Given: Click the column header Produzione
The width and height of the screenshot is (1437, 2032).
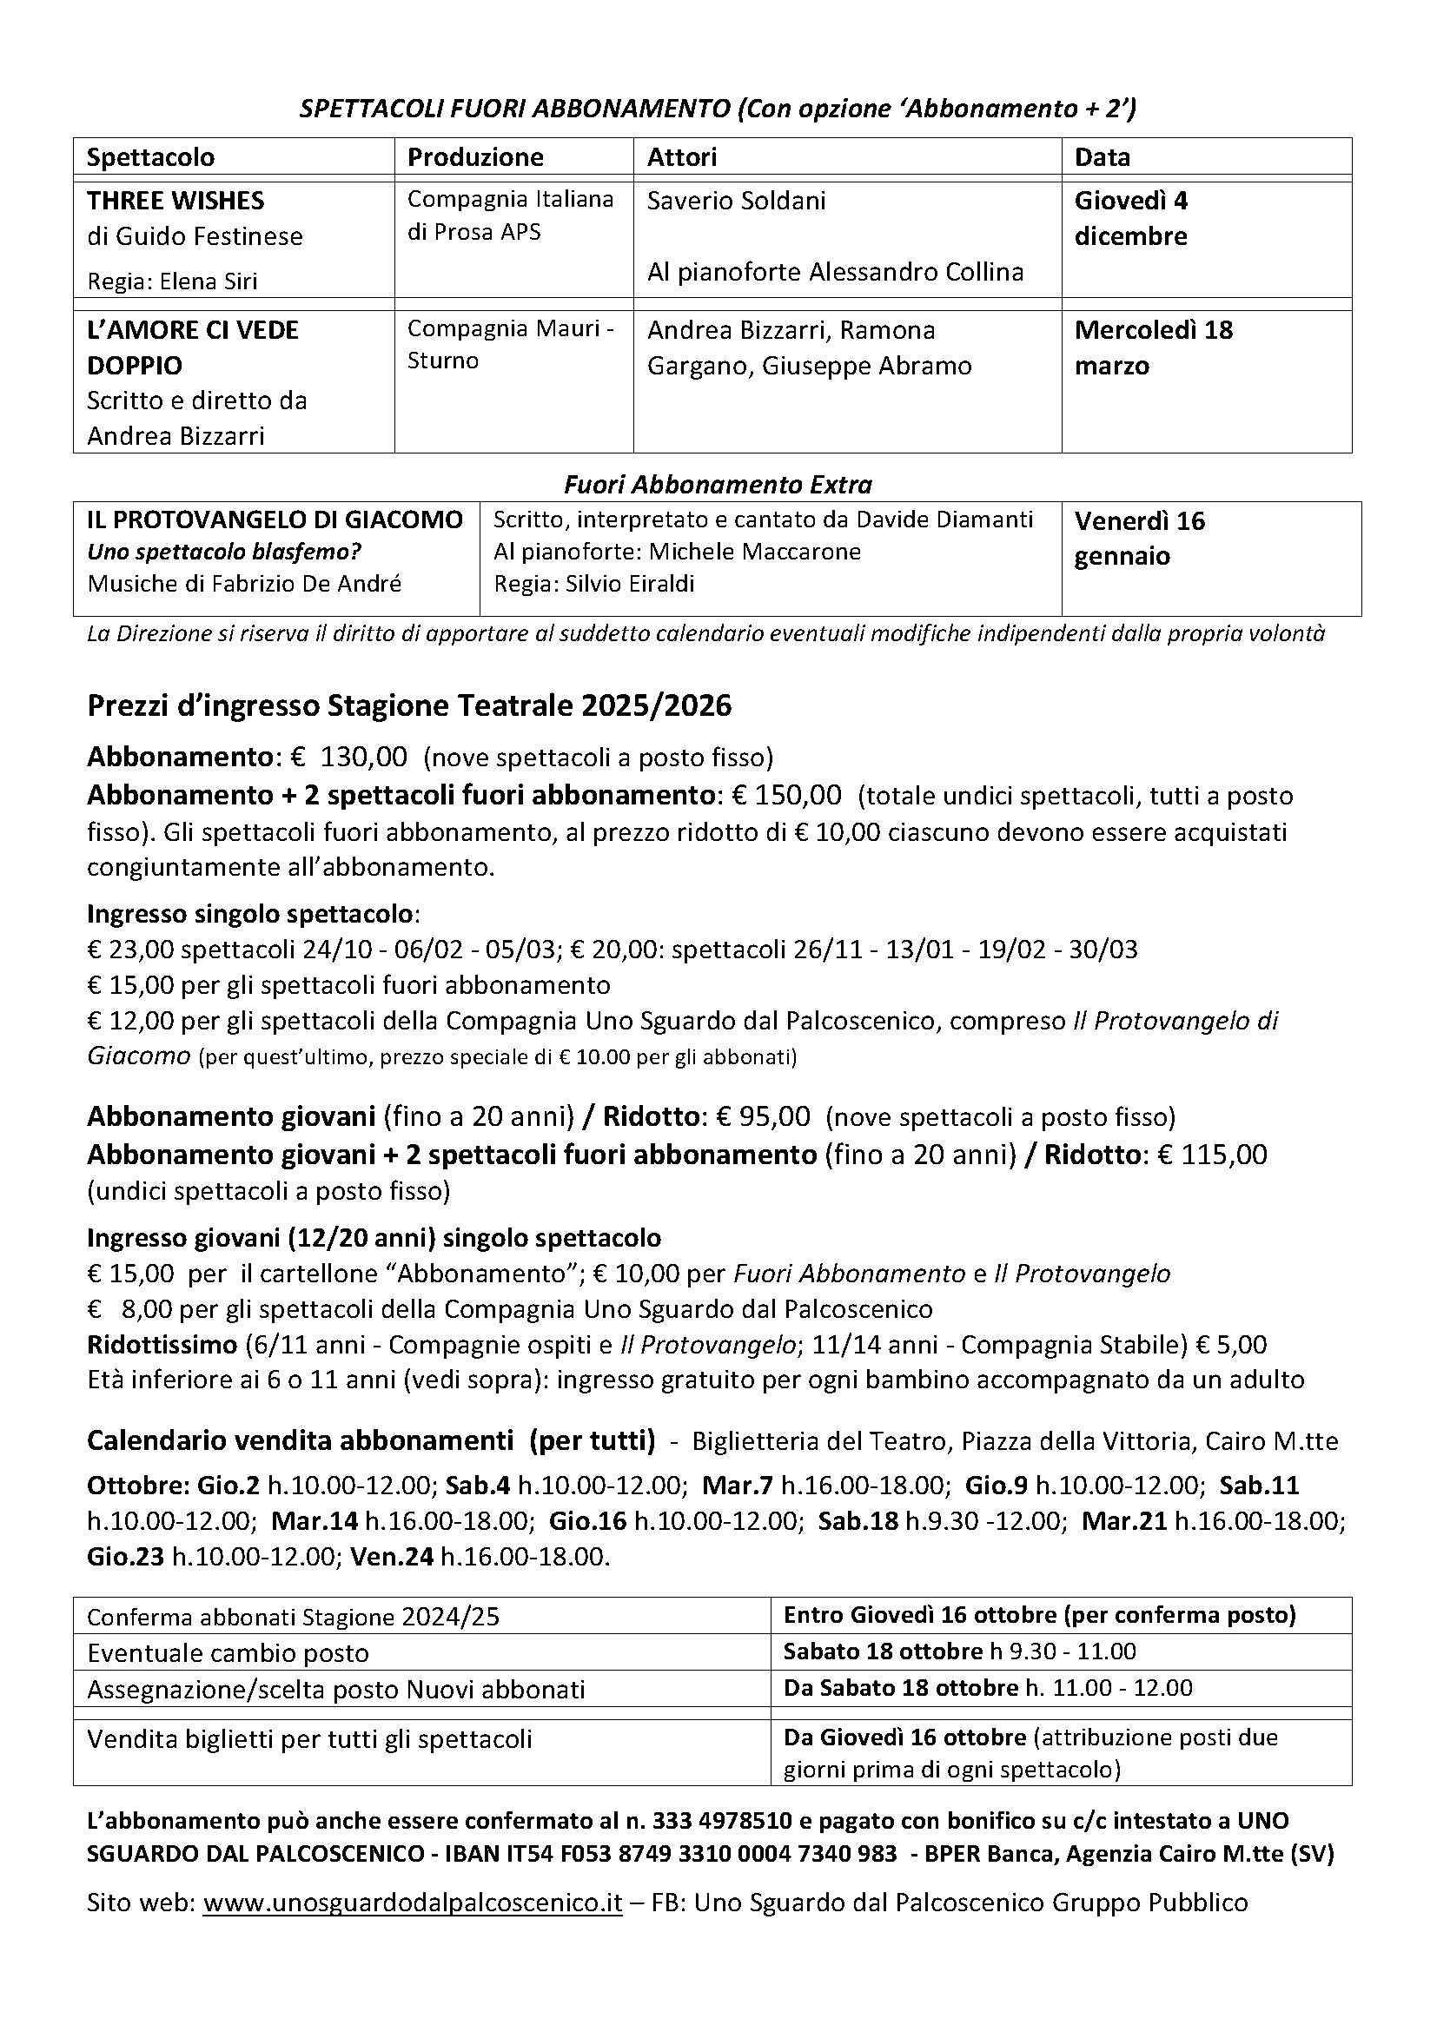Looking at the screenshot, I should [475, 157].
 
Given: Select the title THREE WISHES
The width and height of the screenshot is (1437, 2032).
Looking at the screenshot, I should [175, 201].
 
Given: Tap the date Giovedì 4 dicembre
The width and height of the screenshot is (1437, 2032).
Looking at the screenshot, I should [1131, 219].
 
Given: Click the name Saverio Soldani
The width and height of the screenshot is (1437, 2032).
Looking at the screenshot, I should [736, 201].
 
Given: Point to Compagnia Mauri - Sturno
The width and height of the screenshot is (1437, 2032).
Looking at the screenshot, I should [511, 345].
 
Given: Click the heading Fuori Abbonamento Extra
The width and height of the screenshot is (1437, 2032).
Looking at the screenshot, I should [718, 485].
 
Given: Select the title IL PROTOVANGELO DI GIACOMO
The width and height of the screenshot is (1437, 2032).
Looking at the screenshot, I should [275, 520].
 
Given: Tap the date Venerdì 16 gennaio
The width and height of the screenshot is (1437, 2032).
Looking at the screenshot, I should [1140, 538].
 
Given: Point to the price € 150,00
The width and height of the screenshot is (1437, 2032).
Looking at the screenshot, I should [786, 795].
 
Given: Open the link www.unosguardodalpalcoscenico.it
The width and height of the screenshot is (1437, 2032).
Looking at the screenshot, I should [413, 1903].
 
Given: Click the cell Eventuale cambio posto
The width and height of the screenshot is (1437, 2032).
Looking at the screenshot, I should [228, 1652].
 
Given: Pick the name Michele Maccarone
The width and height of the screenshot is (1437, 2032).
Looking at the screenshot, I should [755, 553].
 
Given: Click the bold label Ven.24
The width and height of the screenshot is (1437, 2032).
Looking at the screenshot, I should [392, 1557].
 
